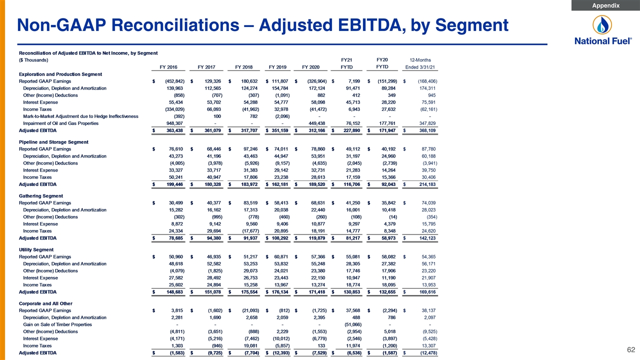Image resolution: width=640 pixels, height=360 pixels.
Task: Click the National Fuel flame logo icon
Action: coord(602,25)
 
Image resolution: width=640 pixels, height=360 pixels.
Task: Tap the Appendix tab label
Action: coord(605,5)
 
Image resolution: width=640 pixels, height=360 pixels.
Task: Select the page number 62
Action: coord(631,349)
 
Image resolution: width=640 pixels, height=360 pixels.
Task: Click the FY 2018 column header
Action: coord(243,67)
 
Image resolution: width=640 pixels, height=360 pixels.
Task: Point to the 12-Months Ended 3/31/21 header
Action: coord(420,63)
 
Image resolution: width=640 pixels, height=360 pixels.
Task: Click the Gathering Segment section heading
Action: coord(41,195)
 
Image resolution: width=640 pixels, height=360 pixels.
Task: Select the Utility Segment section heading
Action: coord(36,249)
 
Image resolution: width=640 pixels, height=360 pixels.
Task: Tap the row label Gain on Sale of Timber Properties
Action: coord(57,324)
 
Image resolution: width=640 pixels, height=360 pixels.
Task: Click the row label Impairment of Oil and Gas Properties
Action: coord(61,123)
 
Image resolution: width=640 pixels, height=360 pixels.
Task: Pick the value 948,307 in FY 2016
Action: coord(174,123)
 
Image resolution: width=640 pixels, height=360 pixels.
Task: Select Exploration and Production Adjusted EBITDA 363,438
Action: coord(174,130)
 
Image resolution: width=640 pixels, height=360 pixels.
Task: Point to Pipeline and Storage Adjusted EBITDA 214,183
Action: coord(427,184)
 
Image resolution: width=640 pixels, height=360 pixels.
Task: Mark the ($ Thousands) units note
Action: coord(33,60)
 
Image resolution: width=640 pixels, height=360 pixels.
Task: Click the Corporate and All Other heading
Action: coord(45,303)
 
